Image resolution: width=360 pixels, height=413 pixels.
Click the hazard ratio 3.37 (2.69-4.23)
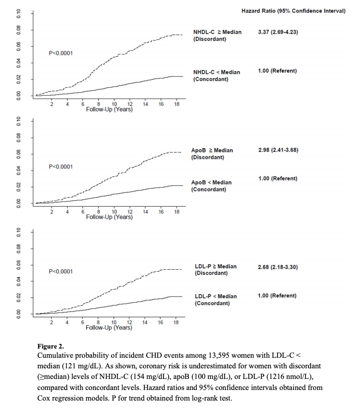tap(278, 32)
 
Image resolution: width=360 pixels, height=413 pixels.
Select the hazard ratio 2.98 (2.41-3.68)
tap(278, 150)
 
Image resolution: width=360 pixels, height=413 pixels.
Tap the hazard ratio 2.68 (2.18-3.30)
tap(277, 267)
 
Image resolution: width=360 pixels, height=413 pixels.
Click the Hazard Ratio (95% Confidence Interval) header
tap(293, 11)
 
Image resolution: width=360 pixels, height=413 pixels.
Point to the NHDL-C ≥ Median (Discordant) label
tap(217, 35)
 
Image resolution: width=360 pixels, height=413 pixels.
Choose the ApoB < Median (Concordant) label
tap(211, 186)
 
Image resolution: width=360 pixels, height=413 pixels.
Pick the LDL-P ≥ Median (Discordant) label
tap(216, 269)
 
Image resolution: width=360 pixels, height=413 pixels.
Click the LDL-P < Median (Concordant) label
tap(216, 300)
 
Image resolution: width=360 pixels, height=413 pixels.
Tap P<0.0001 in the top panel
tap(61, 53)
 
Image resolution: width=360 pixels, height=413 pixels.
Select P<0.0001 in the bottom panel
tap(61, 272)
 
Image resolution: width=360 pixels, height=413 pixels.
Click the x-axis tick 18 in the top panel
tap(177, 104)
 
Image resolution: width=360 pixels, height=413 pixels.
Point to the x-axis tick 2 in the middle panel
tap(52, 212)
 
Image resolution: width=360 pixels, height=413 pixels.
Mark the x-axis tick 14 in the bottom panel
tap(145, 322)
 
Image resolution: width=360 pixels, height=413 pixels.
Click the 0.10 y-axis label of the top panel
tap(19, 13)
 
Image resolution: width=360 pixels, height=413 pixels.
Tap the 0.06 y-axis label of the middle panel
tap(19, 154)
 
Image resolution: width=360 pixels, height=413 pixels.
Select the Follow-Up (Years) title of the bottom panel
tap(109, 328)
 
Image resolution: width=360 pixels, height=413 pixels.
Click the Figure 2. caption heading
tap(51, 346)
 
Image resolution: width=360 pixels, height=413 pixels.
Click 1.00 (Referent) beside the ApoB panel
tap(277, 179)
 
